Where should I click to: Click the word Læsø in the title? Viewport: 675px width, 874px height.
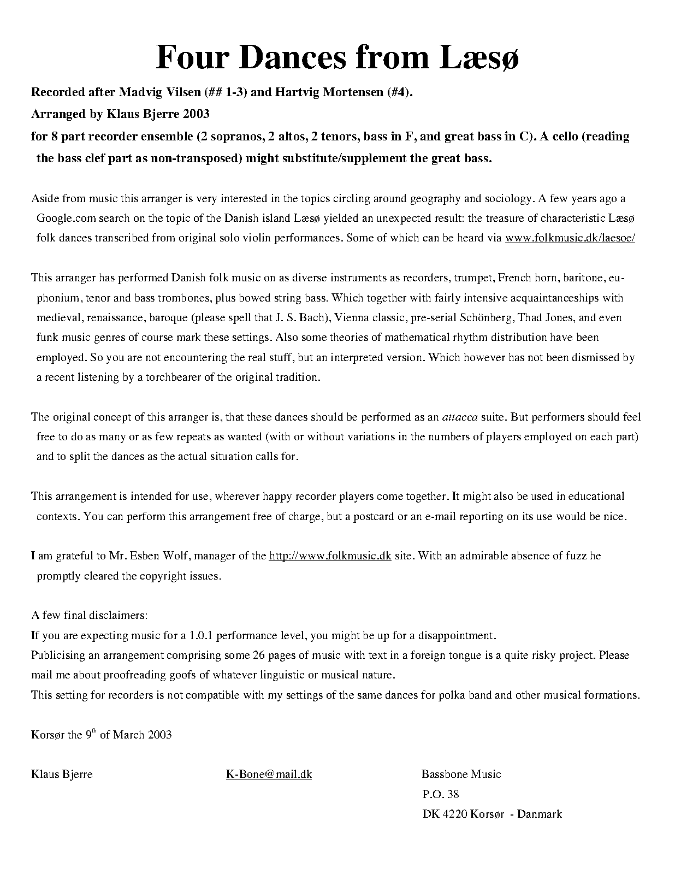(x=473, y=57)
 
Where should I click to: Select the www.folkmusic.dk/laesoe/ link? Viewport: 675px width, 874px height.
(x=570, y=238)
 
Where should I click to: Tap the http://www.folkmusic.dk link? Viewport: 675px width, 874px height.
(x=330, y=556)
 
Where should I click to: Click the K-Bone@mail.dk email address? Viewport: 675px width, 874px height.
(x=269, y=774)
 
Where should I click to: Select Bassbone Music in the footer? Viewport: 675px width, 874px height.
(x=461, y=774)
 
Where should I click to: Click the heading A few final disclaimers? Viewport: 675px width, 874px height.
(x=89, y=616)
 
